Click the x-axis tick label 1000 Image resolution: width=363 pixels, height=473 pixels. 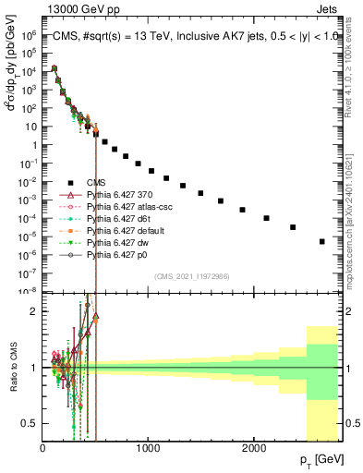click(149, 447)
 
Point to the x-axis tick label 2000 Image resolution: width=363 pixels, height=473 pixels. click(255, 447)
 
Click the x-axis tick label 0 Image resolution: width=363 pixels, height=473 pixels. click(43, 447)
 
